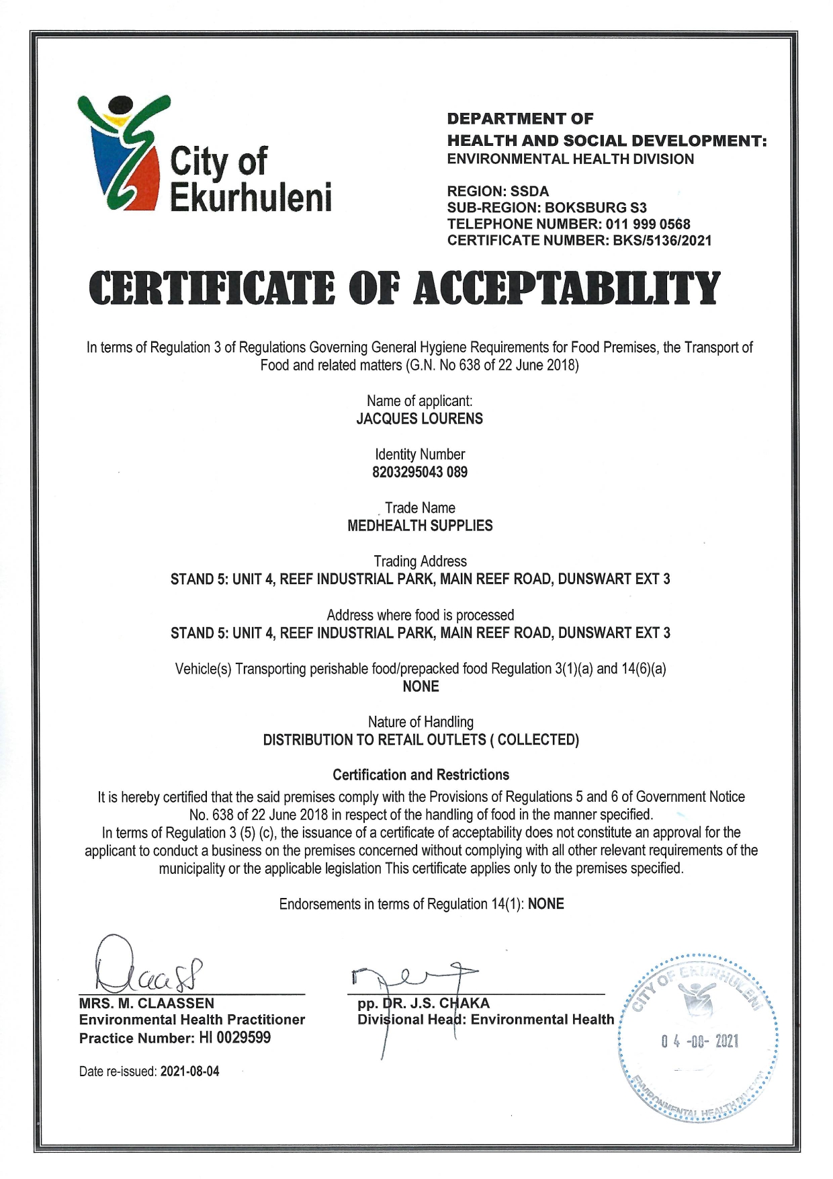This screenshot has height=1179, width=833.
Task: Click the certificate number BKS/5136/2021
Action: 662,241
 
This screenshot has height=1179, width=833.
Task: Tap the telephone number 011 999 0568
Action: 648,225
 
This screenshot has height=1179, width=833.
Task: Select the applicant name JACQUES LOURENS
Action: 419,419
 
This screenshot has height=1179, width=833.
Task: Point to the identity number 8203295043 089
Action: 419,472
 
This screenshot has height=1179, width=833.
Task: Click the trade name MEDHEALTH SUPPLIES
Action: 419,526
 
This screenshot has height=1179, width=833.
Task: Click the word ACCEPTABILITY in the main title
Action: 566,290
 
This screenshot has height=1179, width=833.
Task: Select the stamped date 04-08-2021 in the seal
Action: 699,1041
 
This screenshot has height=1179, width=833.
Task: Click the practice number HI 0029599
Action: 234,1038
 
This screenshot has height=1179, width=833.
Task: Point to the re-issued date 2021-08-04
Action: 189,1071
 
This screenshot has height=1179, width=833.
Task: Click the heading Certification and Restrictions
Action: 421,774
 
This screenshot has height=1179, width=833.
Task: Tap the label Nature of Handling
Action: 421,722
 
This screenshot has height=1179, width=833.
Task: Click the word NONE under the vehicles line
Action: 421,686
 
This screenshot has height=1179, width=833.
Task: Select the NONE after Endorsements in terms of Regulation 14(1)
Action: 545,904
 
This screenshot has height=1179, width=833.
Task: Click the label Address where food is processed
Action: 421,615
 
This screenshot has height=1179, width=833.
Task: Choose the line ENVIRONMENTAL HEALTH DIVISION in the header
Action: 570,159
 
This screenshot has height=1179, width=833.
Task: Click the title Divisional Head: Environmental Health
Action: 485,1020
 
